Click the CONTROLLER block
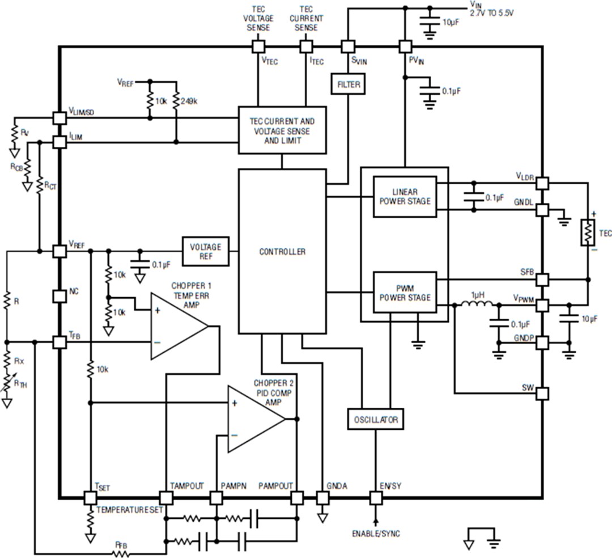point(282,251)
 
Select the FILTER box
point(347,84)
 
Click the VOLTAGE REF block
point(205,251)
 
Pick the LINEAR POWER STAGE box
point(405,196)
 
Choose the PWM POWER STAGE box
point(405,293)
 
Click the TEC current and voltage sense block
point(282,130)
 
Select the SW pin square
point(542,393)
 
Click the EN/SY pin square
point(375,498)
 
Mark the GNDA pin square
point(322,498)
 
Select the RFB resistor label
point(120,545)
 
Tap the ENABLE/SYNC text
point(375,534)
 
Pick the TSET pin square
point(90,498)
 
